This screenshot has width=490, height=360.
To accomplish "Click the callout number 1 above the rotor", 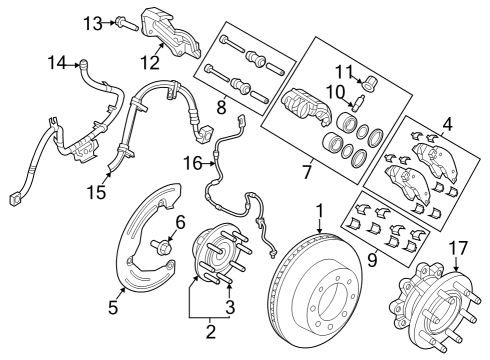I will (319, 211).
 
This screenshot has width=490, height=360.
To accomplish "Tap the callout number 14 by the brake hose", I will (54, 65).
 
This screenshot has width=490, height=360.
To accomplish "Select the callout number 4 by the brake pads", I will (446, 124).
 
